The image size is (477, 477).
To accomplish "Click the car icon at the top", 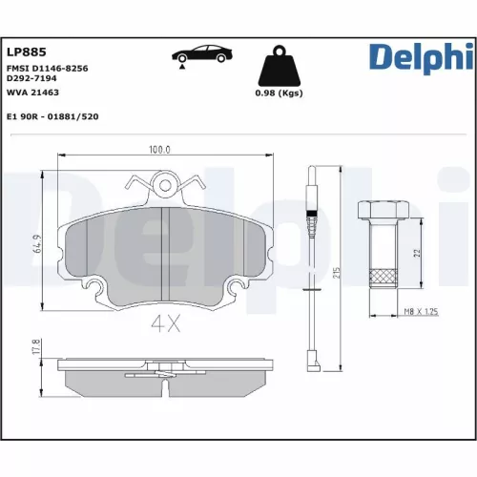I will pyautogui.click(x=198, y=53).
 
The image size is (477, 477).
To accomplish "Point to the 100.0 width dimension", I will pyautogui.click(x=158, y=150).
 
